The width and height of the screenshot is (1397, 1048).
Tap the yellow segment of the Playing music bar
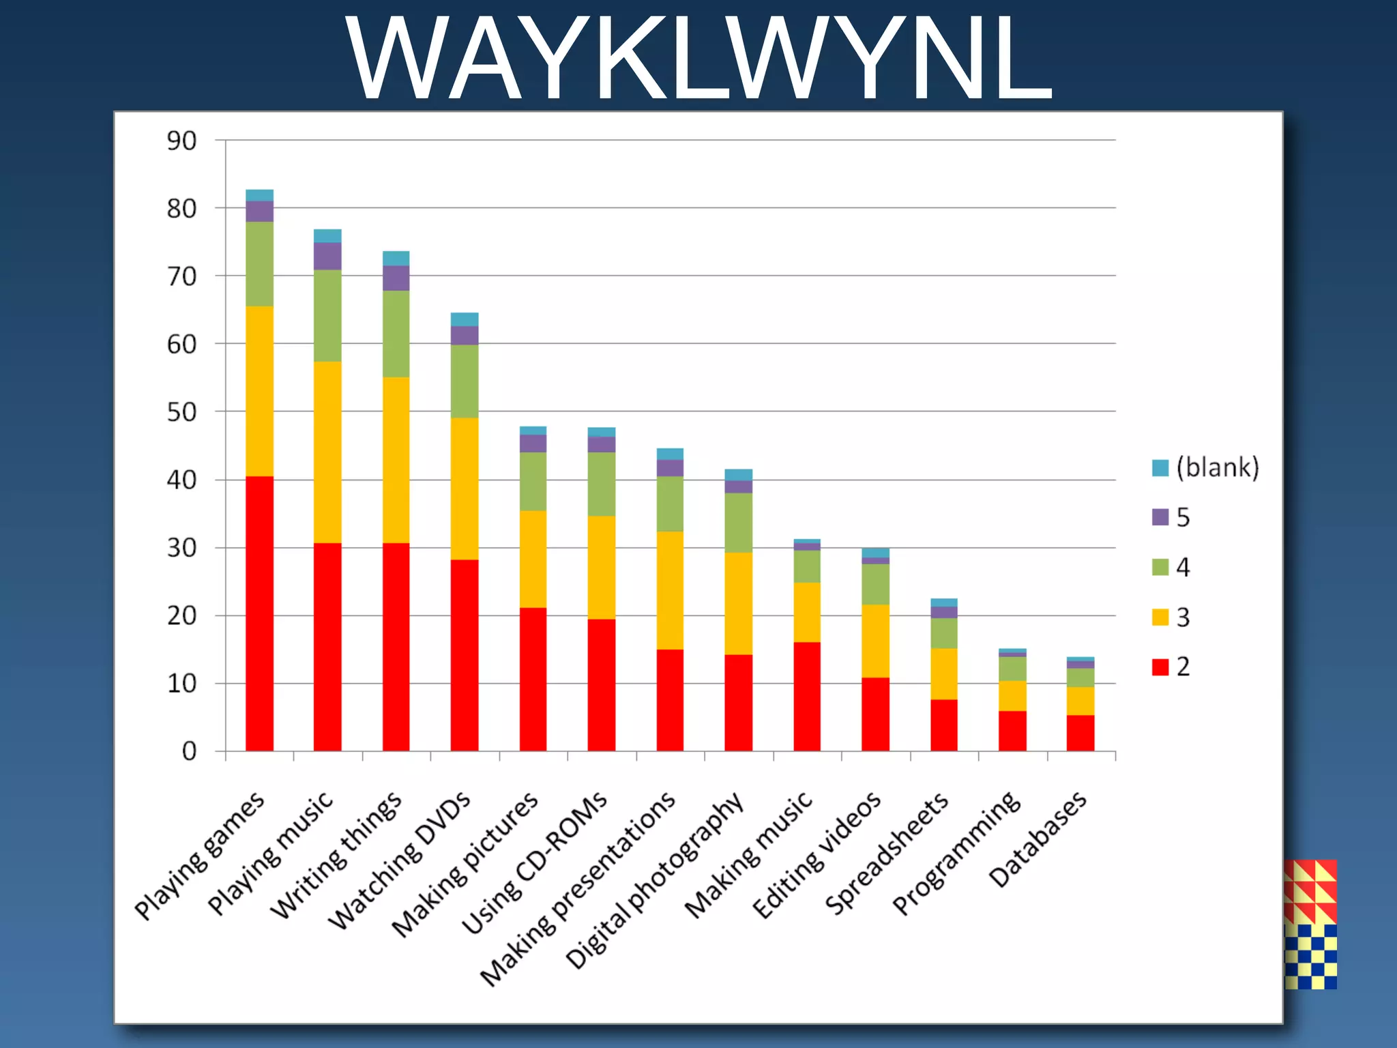[327, 452]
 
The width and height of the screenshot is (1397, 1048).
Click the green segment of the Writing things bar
[396, 334]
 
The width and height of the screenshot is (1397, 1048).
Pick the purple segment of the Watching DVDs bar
[465, 335]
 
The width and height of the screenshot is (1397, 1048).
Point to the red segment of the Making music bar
[807, 696]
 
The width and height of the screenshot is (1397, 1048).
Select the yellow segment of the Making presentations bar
[670, 589]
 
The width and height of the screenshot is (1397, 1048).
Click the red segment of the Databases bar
[1080, 733]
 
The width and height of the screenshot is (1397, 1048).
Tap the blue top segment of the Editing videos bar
[875, 553]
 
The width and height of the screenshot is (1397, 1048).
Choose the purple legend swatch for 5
[1160, 517]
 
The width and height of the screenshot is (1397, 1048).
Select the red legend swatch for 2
[1160, 667]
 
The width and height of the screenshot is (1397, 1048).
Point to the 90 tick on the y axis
[181, 141]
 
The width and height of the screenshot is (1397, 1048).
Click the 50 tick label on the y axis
[181, 412]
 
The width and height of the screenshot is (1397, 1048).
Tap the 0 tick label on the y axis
[189, 751]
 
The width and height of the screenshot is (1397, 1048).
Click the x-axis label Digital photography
[655, 880]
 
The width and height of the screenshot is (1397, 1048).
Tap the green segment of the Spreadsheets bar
[943, 633]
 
